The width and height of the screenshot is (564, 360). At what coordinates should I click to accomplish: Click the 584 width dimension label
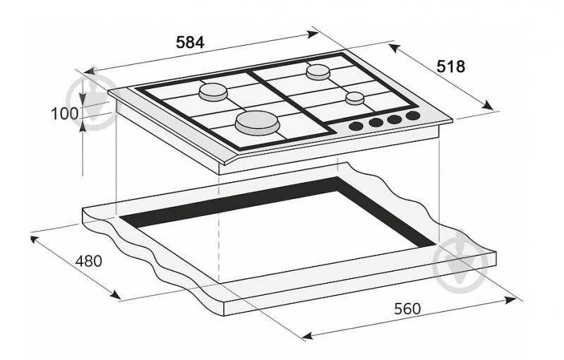[x=190, y=42]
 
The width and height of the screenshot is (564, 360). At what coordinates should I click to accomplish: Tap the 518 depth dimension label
[x=450, y=66]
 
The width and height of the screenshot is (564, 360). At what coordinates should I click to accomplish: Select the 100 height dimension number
[x=64, y=114]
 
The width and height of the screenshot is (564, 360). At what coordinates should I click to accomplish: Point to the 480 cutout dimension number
[x=89, y=260]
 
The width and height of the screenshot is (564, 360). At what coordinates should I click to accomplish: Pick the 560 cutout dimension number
[x=407, y=308]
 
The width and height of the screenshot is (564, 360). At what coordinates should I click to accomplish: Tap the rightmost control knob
[x=413, y=116]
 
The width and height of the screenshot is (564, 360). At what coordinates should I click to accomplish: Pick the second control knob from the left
[x=376, y=123]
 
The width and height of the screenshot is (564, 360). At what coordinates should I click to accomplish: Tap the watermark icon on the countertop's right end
[x=461, y=257]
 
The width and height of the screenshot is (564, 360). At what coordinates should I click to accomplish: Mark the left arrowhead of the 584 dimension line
[x=88, y=71]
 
